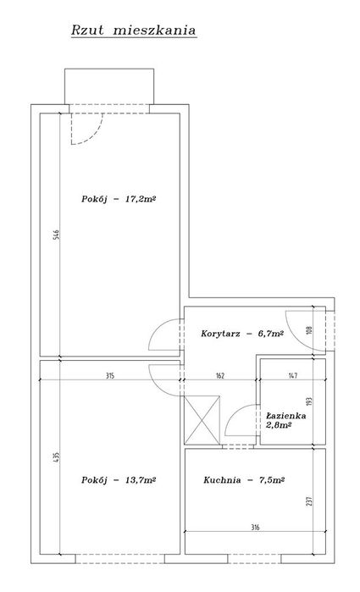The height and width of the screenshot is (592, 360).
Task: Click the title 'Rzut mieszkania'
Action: pos(134,30)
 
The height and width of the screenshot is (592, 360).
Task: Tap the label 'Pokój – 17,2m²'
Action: pos(119,198)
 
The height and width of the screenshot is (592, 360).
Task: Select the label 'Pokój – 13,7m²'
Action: pos(119,480)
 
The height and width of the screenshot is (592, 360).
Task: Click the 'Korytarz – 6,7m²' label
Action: pos(242,334)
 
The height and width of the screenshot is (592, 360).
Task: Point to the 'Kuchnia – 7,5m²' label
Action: pos(244,480)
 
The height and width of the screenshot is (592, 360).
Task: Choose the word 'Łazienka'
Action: pos(286,416)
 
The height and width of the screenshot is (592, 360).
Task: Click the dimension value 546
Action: pos(56,235)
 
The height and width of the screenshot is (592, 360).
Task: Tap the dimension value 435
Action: pos(56,457)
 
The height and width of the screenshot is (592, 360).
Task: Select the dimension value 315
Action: pos(110,376)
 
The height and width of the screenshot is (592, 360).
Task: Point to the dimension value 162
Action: pos(220,376)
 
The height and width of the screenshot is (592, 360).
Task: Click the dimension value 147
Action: pos(293,376)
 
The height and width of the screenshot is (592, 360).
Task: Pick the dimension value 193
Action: pos(310,401)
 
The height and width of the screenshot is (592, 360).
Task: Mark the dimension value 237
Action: pos(310,501)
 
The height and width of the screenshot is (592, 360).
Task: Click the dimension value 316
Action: pos(255,528)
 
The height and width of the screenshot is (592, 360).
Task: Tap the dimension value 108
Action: pos(311,331)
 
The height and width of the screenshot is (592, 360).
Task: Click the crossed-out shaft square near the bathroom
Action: pos(202,420)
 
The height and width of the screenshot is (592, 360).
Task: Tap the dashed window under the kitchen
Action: pos(254,559)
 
